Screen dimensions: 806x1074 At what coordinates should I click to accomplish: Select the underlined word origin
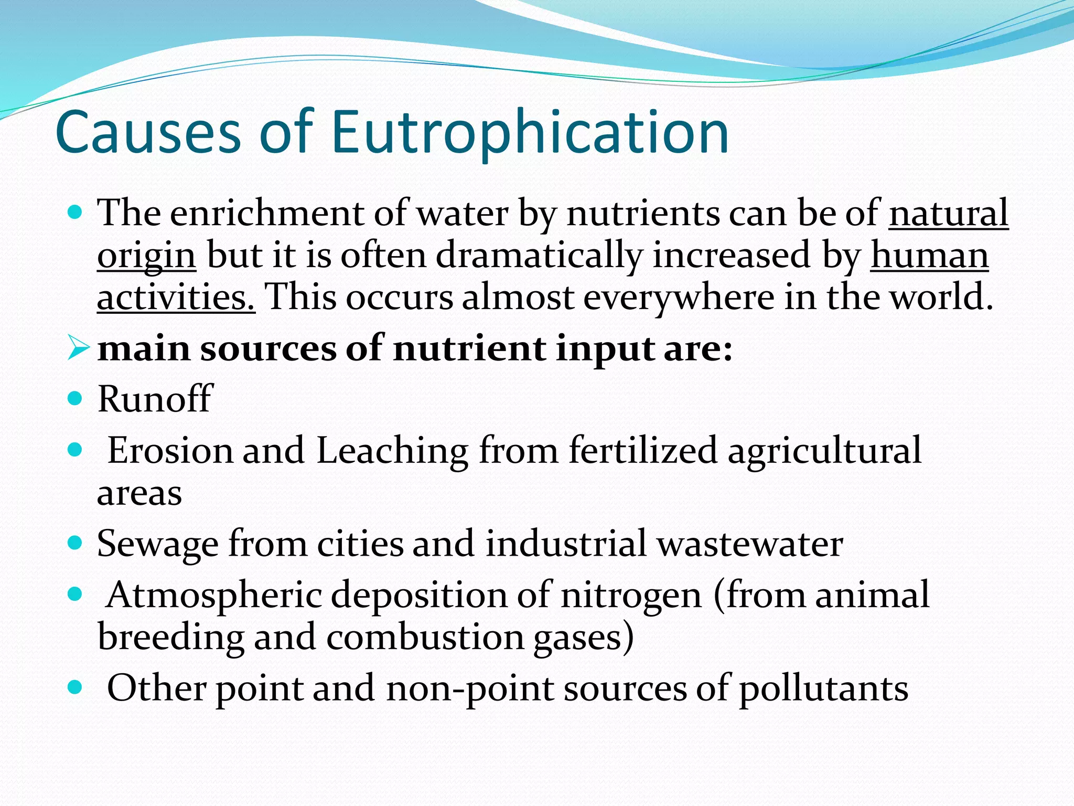[x=146, y=256]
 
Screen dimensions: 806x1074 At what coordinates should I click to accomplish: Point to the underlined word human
[x=929, y=256]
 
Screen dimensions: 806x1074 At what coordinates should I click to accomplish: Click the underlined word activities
[x=176, y=297]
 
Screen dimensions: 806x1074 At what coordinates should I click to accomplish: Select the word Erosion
[x=170, y=450]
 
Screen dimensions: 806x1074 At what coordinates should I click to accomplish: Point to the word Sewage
[x=157, y=544]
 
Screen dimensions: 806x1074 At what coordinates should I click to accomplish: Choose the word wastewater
[x=750, y=544]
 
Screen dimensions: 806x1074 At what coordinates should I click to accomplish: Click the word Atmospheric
[x=213, y=596]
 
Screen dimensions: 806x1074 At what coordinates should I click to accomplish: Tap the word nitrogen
[x=631, y=596]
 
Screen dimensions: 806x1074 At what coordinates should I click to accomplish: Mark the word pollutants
[x=823, y=688]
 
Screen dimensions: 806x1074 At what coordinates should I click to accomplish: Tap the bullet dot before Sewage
[x=76, y=542]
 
